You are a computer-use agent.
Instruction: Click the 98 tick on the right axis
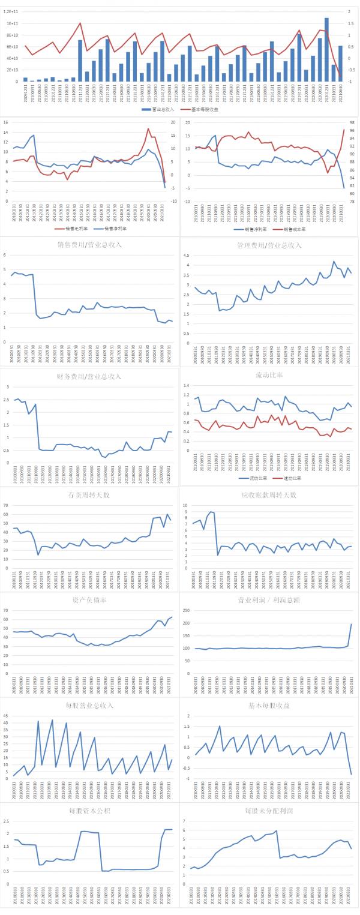351,122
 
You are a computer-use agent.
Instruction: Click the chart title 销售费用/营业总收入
89,245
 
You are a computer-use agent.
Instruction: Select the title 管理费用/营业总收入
269,245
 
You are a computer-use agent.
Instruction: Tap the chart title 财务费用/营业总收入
89,376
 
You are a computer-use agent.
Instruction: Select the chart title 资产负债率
89,601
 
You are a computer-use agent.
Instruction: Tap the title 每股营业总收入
89,706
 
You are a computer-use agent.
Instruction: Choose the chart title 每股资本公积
89,811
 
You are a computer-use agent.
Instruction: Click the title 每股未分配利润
269,811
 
